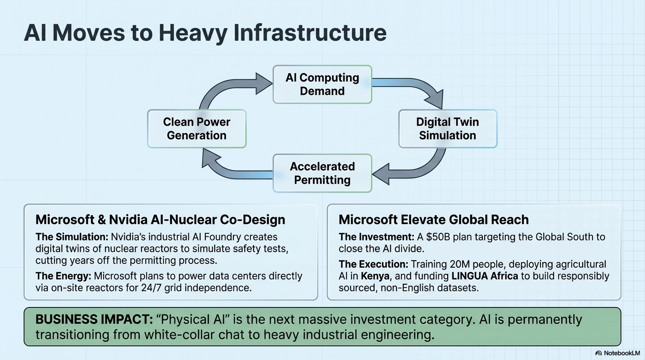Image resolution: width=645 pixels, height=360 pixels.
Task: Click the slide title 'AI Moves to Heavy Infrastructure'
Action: pyautogui.click(x=205, y=33)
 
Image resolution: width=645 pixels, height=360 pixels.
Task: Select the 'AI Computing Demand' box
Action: pyautogui.click(x=322, y=84)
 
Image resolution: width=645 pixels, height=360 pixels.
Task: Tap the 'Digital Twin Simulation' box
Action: pyautogui.click(x=447, y=129)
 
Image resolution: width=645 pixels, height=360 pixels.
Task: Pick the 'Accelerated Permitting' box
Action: pyautogui.click(x=322, y=173)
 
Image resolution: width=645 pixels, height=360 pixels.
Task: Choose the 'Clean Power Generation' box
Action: pyautogui.click(x=196, y=129)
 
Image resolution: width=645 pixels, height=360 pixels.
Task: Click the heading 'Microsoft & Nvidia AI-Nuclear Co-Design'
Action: pyautogui.click(x=160, y=219)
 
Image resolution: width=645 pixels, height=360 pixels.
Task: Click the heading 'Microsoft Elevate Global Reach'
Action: pyautogui.click(x=434, y=219)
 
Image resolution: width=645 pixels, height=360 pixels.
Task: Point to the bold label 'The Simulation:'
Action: pyautogui.click(x=72, y=237)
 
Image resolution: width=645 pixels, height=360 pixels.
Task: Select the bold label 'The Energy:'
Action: pyautogui.click(x=63, y=276)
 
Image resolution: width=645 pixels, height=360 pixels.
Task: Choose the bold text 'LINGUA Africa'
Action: pyautogui.click(x=485, y=276)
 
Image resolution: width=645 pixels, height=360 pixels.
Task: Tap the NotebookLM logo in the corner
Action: pyautogui.click(x=617, y=353)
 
